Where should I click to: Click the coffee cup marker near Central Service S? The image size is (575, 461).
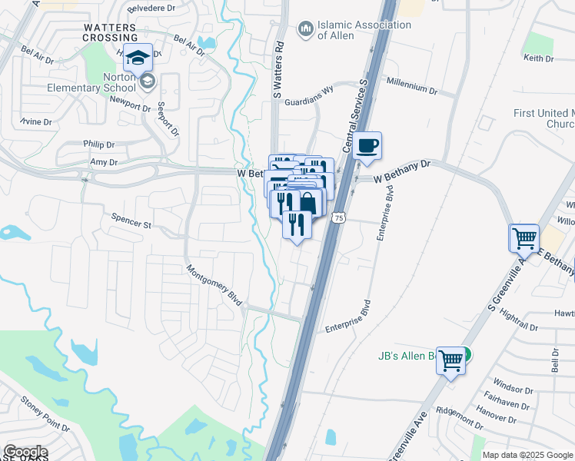368,145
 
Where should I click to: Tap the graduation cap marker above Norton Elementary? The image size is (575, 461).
138,58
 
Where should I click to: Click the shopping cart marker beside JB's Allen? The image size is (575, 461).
451,358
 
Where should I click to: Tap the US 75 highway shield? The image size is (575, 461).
338,220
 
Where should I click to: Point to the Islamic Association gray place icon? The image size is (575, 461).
305,29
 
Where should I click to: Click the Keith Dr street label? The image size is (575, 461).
538,58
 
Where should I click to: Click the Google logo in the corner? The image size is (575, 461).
25,452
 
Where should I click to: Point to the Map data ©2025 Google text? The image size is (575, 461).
527,455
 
